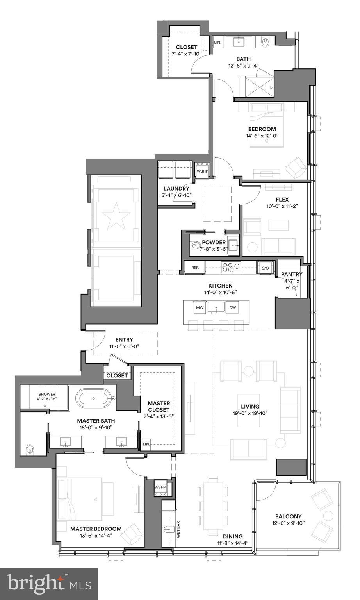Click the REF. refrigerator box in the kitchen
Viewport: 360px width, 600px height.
(195, 268)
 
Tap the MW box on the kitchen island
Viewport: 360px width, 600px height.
(200, 308)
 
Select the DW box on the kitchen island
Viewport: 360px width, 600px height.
(233, 308)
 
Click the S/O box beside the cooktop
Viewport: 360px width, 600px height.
(265, 268)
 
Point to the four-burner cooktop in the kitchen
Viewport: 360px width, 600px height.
(231, 268)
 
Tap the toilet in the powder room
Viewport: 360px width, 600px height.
(196, 246)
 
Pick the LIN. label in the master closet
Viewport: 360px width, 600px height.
(146, 444)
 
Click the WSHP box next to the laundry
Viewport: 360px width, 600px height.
(202, 171)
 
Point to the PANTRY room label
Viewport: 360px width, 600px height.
(292, 274)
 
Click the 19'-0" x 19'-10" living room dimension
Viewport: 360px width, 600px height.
(250, 413)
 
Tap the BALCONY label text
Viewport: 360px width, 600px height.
(288, 516)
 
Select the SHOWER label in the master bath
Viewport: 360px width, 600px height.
(47, 394)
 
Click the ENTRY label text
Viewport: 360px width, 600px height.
(124, 339)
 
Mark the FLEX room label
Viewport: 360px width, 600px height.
(282, 200)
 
